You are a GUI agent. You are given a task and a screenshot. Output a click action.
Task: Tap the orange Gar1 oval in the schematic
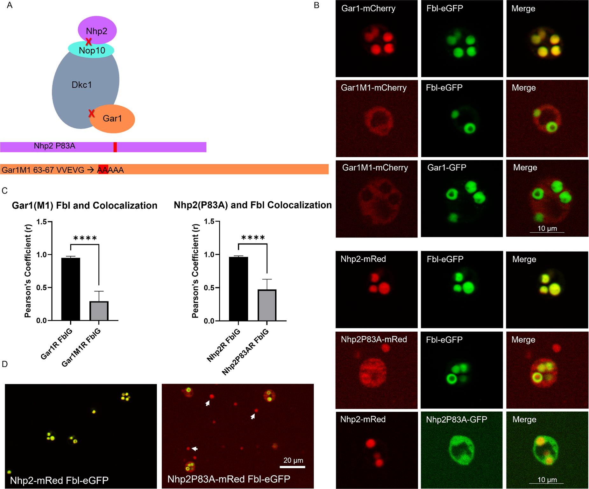(x=113, y=119)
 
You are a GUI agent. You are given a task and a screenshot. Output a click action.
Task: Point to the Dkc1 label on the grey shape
(x=82, y=85)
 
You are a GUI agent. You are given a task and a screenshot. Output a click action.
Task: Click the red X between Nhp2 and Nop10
(x=89, y=41)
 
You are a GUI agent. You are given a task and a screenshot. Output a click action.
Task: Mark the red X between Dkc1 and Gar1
(x=91, y=113)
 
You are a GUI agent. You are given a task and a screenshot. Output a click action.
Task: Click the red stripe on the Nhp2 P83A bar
(x=115, y=147)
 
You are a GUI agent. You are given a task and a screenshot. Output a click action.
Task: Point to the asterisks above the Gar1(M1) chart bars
(x=85, y=238)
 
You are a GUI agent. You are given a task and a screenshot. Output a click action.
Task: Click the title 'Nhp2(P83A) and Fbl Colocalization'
(x=252, y=205)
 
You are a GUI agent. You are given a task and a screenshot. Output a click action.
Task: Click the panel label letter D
(x=5, y=364)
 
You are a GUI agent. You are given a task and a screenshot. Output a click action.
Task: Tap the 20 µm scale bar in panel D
(x=292, y=467)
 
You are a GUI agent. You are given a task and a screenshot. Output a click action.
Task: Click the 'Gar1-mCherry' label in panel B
(x=368, y=8)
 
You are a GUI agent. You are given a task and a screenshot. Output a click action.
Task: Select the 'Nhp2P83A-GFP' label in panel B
(x=457, y=419)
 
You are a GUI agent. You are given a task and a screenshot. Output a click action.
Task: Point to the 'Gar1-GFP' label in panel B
(x=447, y=167)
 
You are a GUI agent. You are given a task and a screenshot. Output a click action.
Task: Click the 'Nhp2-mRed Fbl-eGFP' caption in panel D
(x=59, y=480)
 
